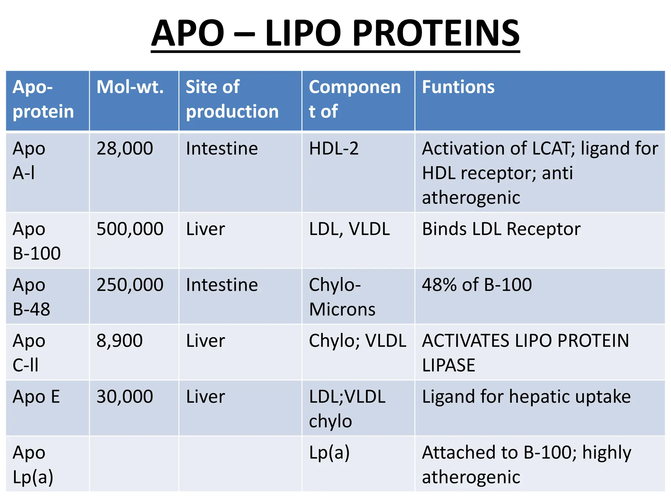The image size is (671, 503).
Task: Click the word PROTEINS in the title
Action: click(436, 33)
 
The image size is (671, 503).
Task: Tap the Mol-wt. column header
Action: click(130, 87)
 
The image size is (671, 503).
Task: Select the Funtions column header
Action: click(458, 87)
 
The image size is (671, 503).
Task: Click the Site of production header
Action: click(232, 99)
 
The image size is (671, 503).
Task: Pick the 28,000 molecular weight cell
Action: click(125, 149)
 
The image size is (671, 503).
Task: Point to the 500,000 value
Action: click(130, 229)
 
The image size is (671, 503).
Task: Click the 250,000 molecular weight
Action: click(130, 285)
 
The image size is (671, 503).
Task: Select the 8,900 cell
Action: click(119, 341)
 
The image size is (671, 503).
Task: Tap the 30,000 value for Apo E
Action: click(125, 397)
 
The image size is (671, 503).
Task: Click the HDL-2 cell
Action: click(334, 149)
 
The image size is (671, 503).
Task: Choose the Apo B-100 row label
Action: click(36, 241)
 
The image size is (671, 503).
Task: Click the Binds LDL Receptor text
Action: click(501, 229)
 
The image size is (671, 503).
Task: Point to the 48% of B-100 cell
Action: click(477, 285)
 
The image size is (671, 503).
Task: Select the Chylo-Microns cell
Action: click(342, 297)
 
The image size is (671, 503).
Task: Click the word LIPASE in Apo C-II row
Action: click(448, 365)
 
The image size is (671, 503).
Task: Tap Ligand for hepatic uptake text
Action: click(526, 397)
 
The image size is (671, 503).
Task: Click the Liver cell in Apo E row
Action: click(205, 397)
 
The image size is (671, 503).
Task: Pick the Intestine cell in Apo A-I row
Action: click(222, 149)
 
